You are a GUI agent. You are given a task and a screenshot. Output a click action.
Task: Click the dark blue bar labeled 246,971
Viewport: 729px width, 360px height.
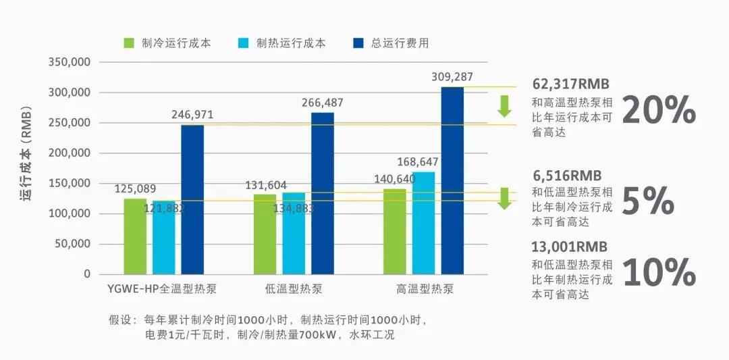tap(192, 199)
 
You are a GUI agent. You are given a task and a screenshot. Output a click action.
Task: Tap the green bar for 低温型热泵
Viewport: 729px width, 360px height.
tap(265, 234)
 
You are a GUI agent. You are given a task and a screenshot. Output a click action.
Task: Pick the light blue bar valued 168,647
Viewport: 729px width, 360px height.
tap(424, 223)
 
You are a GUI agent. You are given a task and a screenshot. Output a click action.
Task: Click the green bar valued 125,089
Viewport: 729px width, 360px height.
tap(135, 236)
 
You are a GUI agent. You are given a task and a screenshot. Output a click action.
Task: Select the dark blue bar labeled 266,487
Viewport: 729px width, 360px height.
tap(322, 193)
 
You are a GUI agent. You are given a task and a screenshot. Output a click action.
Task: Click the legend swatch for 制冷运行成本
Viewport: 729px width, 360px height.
tap(129, 43)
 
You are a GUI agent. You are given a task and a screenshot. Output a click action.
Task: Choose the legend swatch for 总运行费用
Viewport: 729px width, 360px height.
tap(358, 43)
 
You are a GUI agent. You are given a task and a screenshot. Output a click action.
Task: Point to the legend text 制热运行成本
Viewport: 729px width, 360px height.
tap(291, 43)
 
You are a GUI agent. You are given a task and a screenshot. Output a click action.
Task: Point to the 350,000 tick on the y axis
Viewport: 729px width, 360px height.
tap(71, 62)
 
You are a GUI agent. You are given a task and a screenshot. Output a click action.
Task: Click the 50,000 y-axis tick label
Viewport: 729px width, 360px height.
tap(74, 244)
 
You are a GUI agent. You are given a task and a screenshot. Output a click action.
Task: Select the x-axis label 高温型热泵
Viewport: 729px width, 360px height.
tap(425, 290)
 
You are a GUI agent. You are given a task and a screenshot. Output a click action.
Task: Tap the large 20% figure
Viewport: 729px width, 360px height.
tap(658, 109)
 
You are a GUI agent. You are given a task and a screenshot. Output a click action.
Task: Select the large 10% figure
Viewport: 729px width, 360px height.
tap(658, 272)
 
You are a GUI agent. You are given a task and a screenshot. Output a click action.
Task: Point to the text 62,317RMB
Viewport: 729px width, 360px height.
tap(570, 84)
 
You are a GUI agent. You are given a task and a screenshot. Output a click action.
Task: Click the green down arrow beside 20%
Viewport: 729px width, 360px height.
tap(504, 106)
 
